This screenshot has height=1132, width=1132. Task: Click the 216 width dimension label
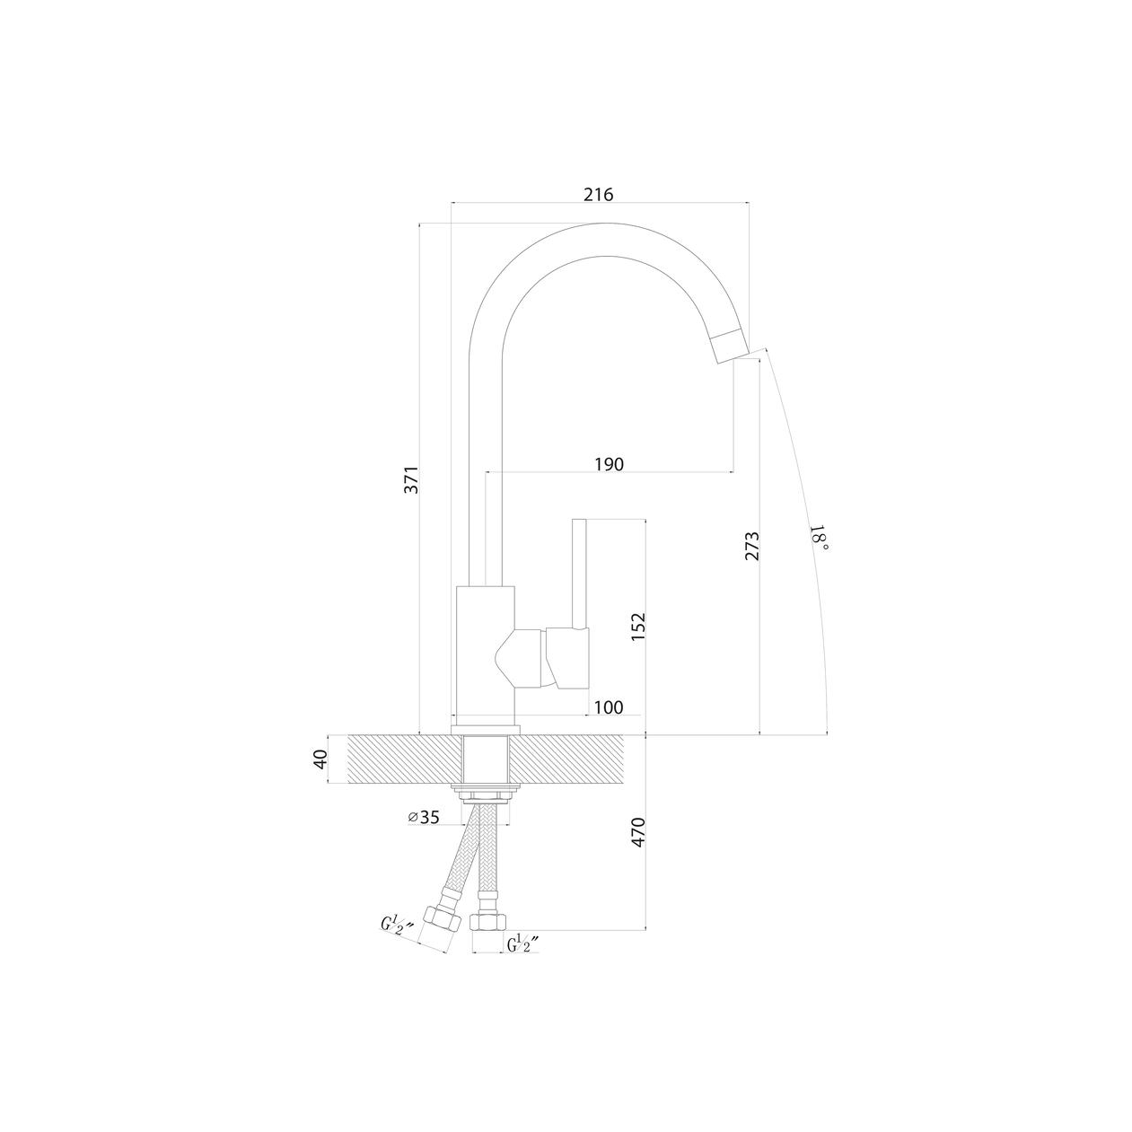click(x=598, y=194)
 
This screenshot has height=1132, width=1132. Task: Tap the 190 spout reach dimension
click(x=609, y=464)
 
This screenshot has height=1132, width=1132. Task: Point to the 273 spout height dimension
click(x=752, y=546)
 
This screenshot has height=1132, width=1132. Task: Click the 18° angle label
click(x=819, y=538)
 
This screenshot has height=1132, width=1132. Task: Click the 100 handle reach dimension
click(x=609, y=707)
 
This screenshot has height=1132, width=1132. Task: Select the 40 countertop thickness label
click(x=320, y=759)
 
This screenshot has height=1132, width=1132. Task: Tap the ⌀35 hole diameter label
click(x=424, y=817)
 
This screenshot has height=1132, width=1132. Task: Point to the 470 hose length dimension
click(x=638, y=831)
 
